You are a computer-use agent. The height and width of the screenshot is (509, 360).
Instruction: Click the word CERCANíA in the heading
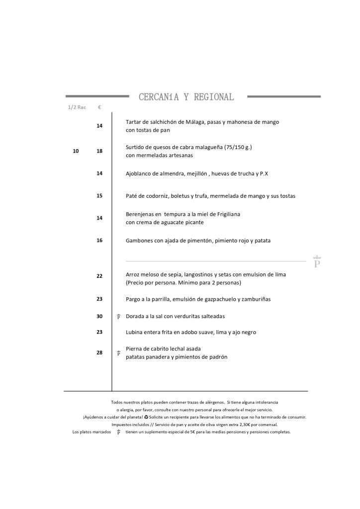[x=159, y=97]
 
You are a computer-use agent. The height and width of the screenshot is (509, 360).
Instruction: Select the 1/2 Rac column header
[x=77, y=107]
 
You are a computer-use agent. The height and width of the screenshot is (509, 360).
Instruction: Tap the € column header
[x=99, y=107]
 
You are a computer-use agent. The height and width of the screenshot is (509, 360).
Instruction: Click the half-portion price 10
[x=76, y=151]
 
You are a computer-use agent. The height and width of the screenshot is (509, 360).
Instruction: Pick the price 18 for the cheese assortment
[x=99, y=151]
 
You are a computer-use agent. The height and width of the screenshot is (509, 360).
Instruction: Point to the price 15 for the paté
[x=99, y=196]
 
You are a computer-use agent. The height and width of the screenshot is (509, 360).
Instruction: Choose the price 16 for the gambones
[x=99, y=241]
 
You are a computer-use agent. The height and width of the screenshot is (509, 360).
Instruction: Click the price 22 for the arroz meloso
[x=99, y=276]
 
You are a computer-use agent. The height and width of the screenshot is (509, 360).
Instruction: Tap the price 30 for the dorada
[x=99, y=316]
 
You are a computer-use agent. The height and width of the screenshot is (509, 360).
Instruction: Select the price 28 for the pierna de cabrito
[x=99, y=352]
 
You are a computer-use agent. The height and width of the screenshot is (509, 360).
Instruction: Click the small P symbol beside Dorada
[x=118, y=317]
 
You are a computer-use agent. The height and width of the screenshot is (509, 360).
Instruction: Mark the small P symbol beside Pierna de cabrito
[x=118, y=353]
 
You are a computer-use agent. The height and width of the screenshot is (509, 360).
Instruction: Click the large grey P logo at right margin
[x=317, y=262]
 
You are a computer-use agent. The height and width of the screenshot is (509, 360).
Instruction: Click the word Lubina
[x=134, y=332]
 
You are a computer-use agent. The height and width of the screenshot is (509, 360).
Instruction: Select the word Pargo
[x=133, y=299]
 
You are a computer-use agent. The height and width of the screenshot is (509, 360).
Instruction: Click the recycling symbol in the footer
[x=146, y=417]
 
